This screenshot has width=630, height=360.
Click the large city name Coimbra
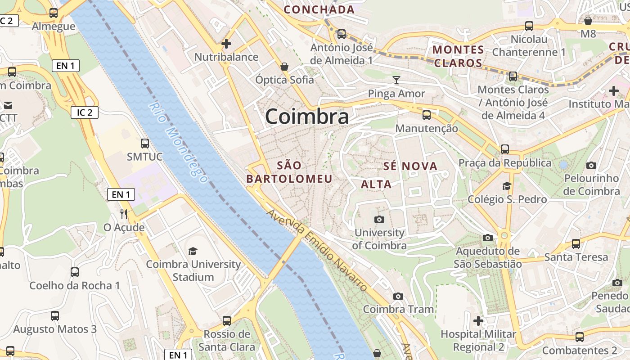coord(307,117)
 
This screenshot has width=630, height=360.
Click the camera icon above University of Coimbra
coord(379,219)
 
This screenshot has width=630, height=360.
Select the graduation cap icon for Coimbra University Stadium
coord(193,251)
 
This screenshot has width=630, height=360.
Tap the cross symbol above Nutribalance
coord(226,44)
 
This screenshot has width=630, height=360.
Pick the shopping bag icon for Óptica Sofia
coord(284,67)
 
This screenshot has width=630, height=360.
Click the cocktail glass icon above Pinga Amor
coord(396,80)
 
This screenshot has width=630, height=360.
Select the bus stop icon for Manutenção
coord(427,115)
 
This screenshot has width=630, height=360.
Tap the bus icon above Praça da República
coord(505,149)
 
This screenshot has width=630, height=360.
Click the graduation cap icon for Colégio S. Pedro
coord(507,186)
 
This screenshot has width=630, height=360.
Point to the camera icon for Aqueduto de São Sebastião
coord(487,238)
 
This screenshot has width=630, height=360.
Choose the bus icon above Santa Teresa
coord(576,244)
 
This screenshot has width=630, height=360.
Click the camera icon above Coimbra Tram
coord(398,296)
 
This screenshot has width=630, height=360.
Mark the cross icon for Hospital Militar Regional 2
coord(478,321)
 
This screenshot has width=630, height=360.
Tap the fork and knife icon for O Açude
coord(124,214)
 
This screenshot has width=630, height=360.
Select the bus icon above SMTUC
coord(144,144)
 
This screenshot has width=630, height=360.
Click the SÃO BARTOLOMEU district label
coord(289,172)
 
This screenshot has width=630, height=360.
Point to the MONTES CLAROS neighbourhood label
coord(458,56)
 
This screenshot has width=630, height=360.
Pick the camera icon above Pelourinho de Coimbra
coord(591,165)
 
